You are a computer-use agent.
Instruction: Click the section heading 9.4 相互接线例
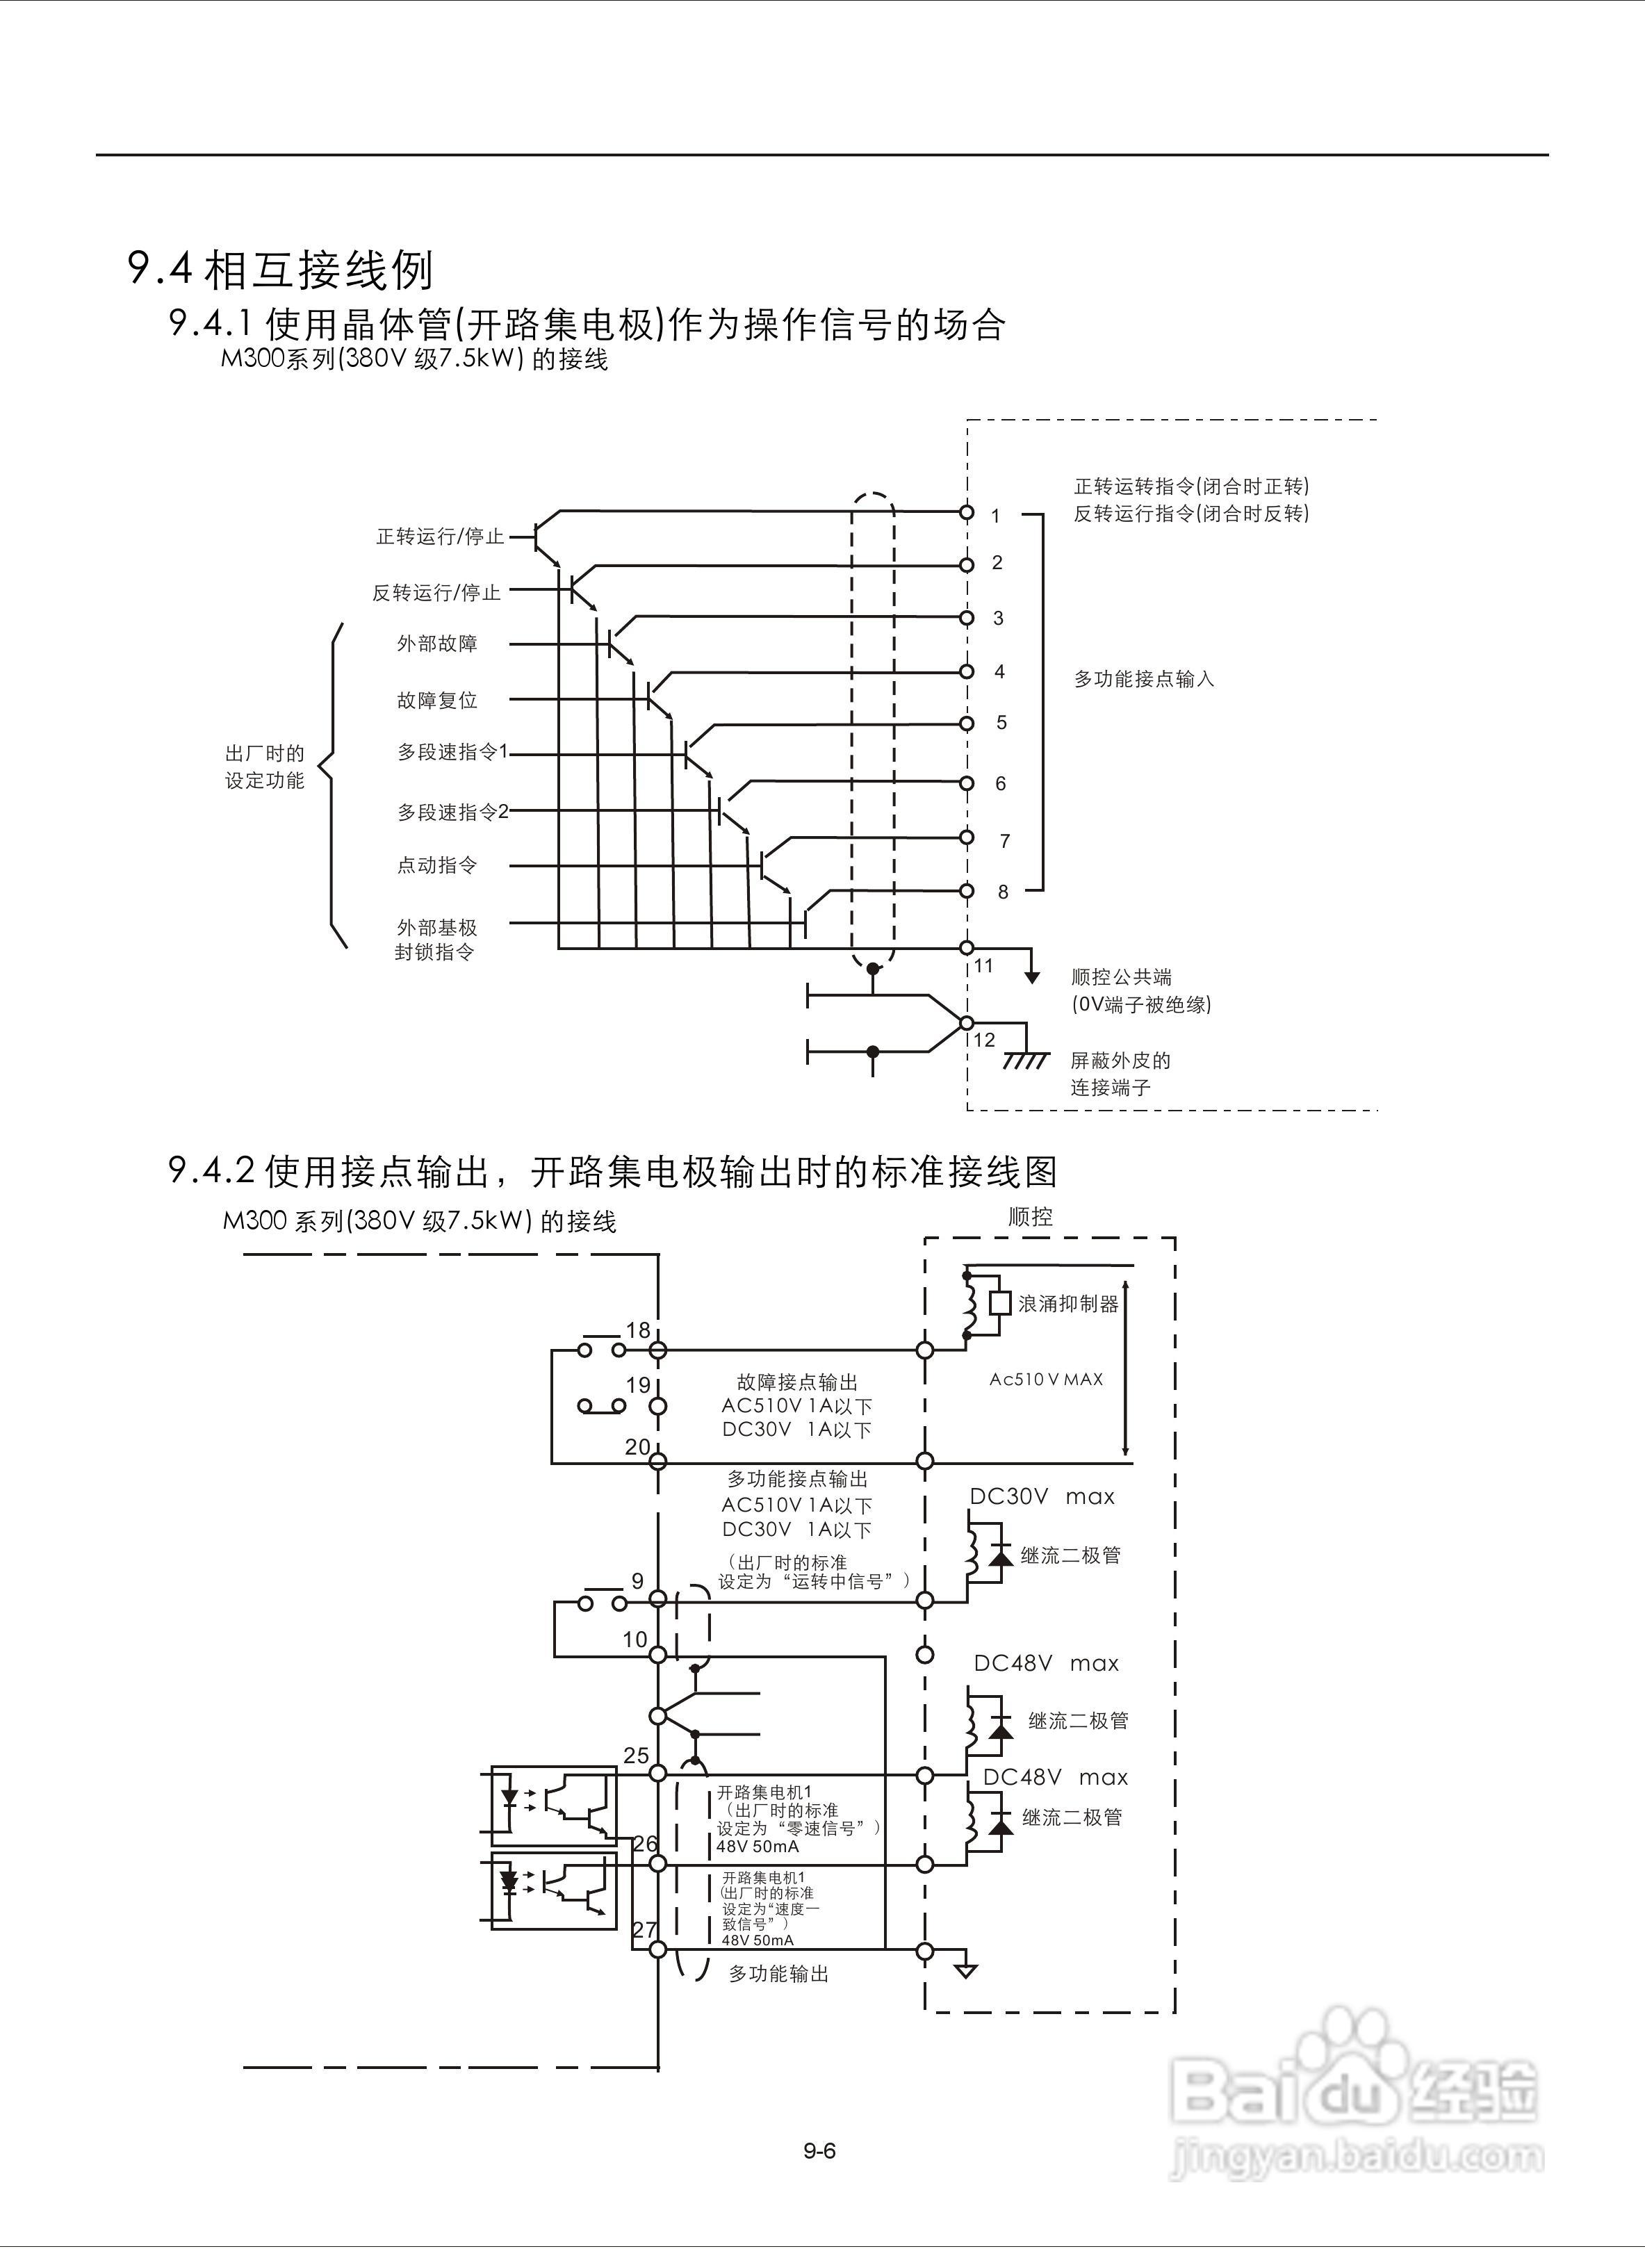pos(280,269)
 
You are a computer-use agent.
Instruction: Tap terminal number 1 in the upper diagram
pos(995,516)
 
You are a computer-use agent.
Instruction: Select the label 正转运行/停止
pos(439,537)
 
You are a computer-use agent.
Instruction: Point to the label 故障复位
pos(437,700)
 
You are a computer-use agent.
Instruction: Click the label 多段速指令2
pos(452,812)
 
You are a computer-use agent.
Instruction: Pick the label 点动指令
pos(437,865)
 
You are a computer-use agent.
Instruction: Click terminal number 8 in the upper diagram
pos(1003,892)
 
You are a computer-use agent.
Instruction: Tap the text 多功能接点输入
pos(1143,679)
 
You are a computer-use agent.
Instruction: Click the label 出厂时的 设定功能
pos(265,767)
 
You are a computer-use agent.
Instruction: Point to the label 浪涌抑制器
pos(1068,1303)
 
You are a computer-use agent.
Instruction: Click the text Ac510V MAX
pos(1045,1379)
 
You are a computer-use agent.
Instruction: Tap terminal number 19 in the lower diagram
pos(638,1385)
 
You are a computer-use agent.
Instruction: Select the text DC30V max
pos(1042,1496)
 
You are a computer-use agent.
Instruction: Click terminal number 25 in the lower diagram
pos(637,1755)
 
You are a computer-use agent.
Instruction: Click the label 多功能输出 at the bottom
pos(778,1973)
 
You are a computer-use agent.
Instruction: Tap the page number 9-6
pos(819,2150)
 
